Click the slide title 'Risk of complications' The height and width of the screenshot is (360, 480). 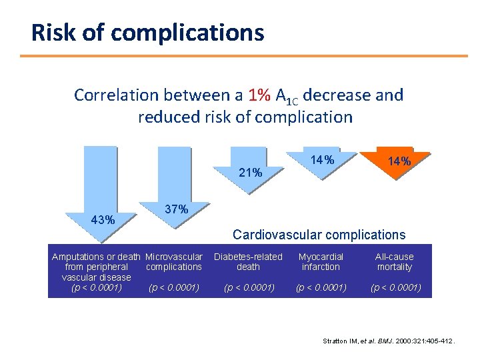(148, 32)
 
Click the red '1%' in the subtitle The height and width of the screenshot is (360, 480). (259, 95)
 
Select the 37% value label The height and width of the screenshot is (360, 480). (175, 209)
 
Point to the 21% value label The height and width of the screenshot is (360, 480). (250, 173)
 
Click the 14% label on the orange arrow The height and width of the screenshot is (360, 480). (399, 161)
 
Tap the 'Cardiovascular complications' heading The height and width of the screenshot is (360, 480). (318, 235)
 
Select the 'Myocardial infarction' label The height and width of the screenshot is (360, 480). (321, 262)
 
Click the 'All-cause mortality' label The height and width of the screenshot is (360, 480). (394, 262)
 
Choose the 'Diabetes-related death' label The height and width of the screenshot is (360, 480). (248, 262)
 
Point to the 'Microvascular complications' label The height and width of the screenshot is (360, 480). (173, 262)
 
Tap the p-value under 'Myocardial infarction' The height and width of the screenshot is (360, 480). (321, 288)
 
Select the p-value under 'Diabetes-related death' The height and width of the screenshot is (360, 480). (248, 288)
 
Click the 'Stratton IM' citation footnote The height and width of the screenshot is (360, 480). (389, 341)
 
